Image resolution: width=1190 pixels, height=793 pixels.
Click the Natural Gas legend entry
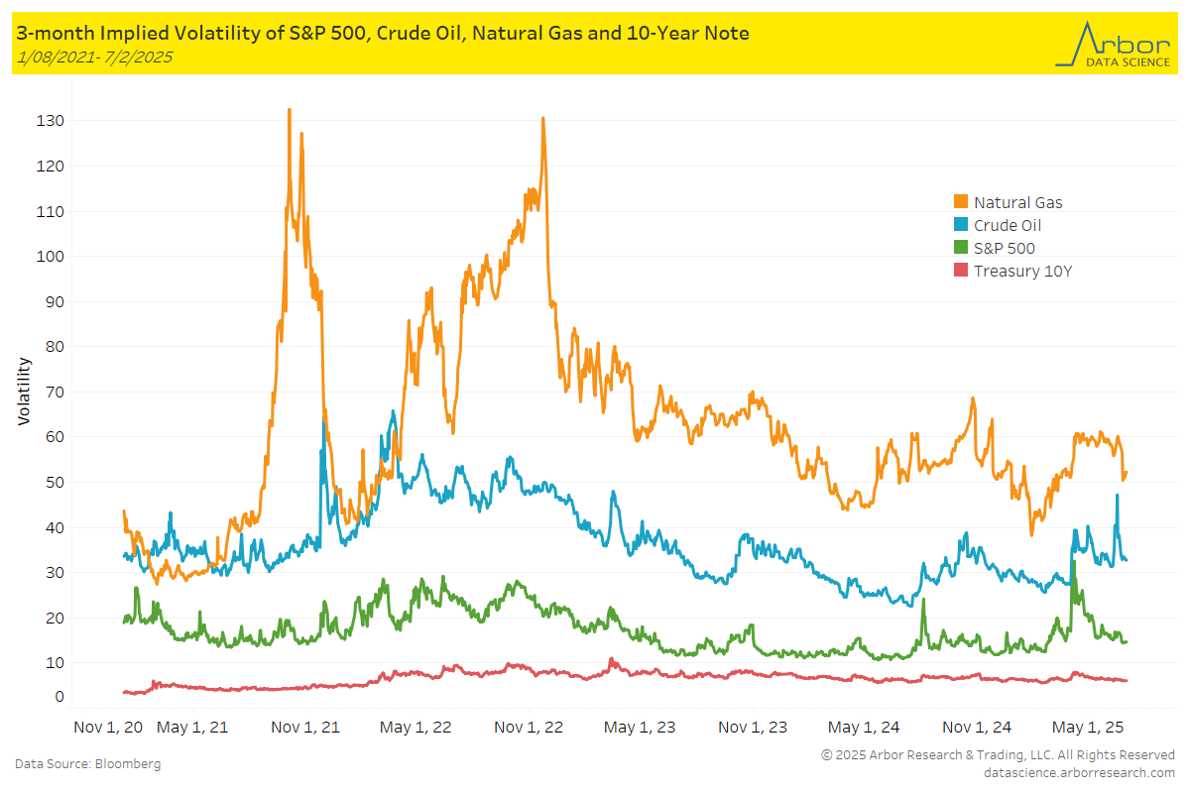(1017, 202)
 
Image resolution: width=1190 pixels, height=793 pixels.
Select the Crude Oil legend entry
(1008, 225)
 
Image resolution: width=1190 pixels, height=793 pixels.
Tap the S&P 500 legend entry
(1004, 248)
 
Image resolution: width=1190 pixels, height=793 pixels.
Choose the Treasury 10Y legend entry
(1022, 271)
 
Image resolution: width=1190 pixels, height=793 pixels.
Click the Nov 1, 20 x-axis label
(109, 727)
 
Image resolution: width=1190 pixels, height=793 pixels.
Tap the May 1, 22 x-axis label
(416, 727)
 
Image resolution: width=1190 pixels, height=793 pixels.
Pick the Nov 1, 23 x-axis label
(753, 727)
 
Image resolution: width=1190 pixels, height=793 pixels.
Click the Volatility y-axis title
(24, 392)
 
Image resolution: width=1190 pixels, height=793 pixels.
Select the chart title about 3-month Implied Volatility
(383, 34)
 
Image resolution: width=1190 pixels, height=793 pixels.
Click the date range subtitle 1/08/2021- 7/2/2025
(95, 57)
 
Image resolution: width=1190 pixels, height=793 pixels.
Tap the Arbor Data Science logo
(1113, 45)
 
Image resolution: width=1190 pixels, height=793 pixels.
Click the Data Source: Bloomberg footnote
(87, 764)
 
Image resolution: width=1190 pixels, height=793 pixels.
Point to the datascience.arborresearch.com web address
(1079, 772)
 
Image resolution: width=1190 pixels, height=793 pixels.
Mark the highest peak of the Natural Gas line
(289, 110)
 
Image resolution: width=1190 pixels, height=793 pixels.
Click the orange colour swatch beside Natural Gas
(960, 202)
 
